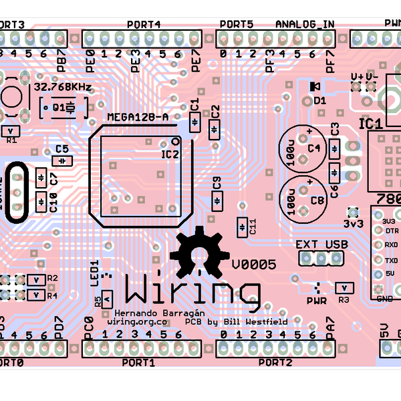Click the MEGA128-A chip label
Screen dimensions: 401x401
coord(143,117)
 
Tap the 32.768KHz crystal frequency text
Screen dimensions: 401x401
coord(63,88)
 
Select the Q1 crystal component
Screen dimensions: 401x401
coord(64,107)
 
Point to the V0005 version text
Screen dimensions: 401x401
coord(254,265)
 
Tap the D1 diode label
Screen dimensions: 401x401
coord(319,100)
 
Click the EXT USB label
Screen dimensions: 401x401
coord(322,245)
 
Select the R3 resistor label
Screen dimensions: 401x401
coord(344,300)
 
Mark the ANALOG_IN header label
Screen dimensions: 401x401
coord(305,25)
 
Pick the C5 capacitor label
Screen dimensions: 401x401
coord(62,149)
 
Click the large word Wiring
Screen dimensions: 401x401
coord(192,292)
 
